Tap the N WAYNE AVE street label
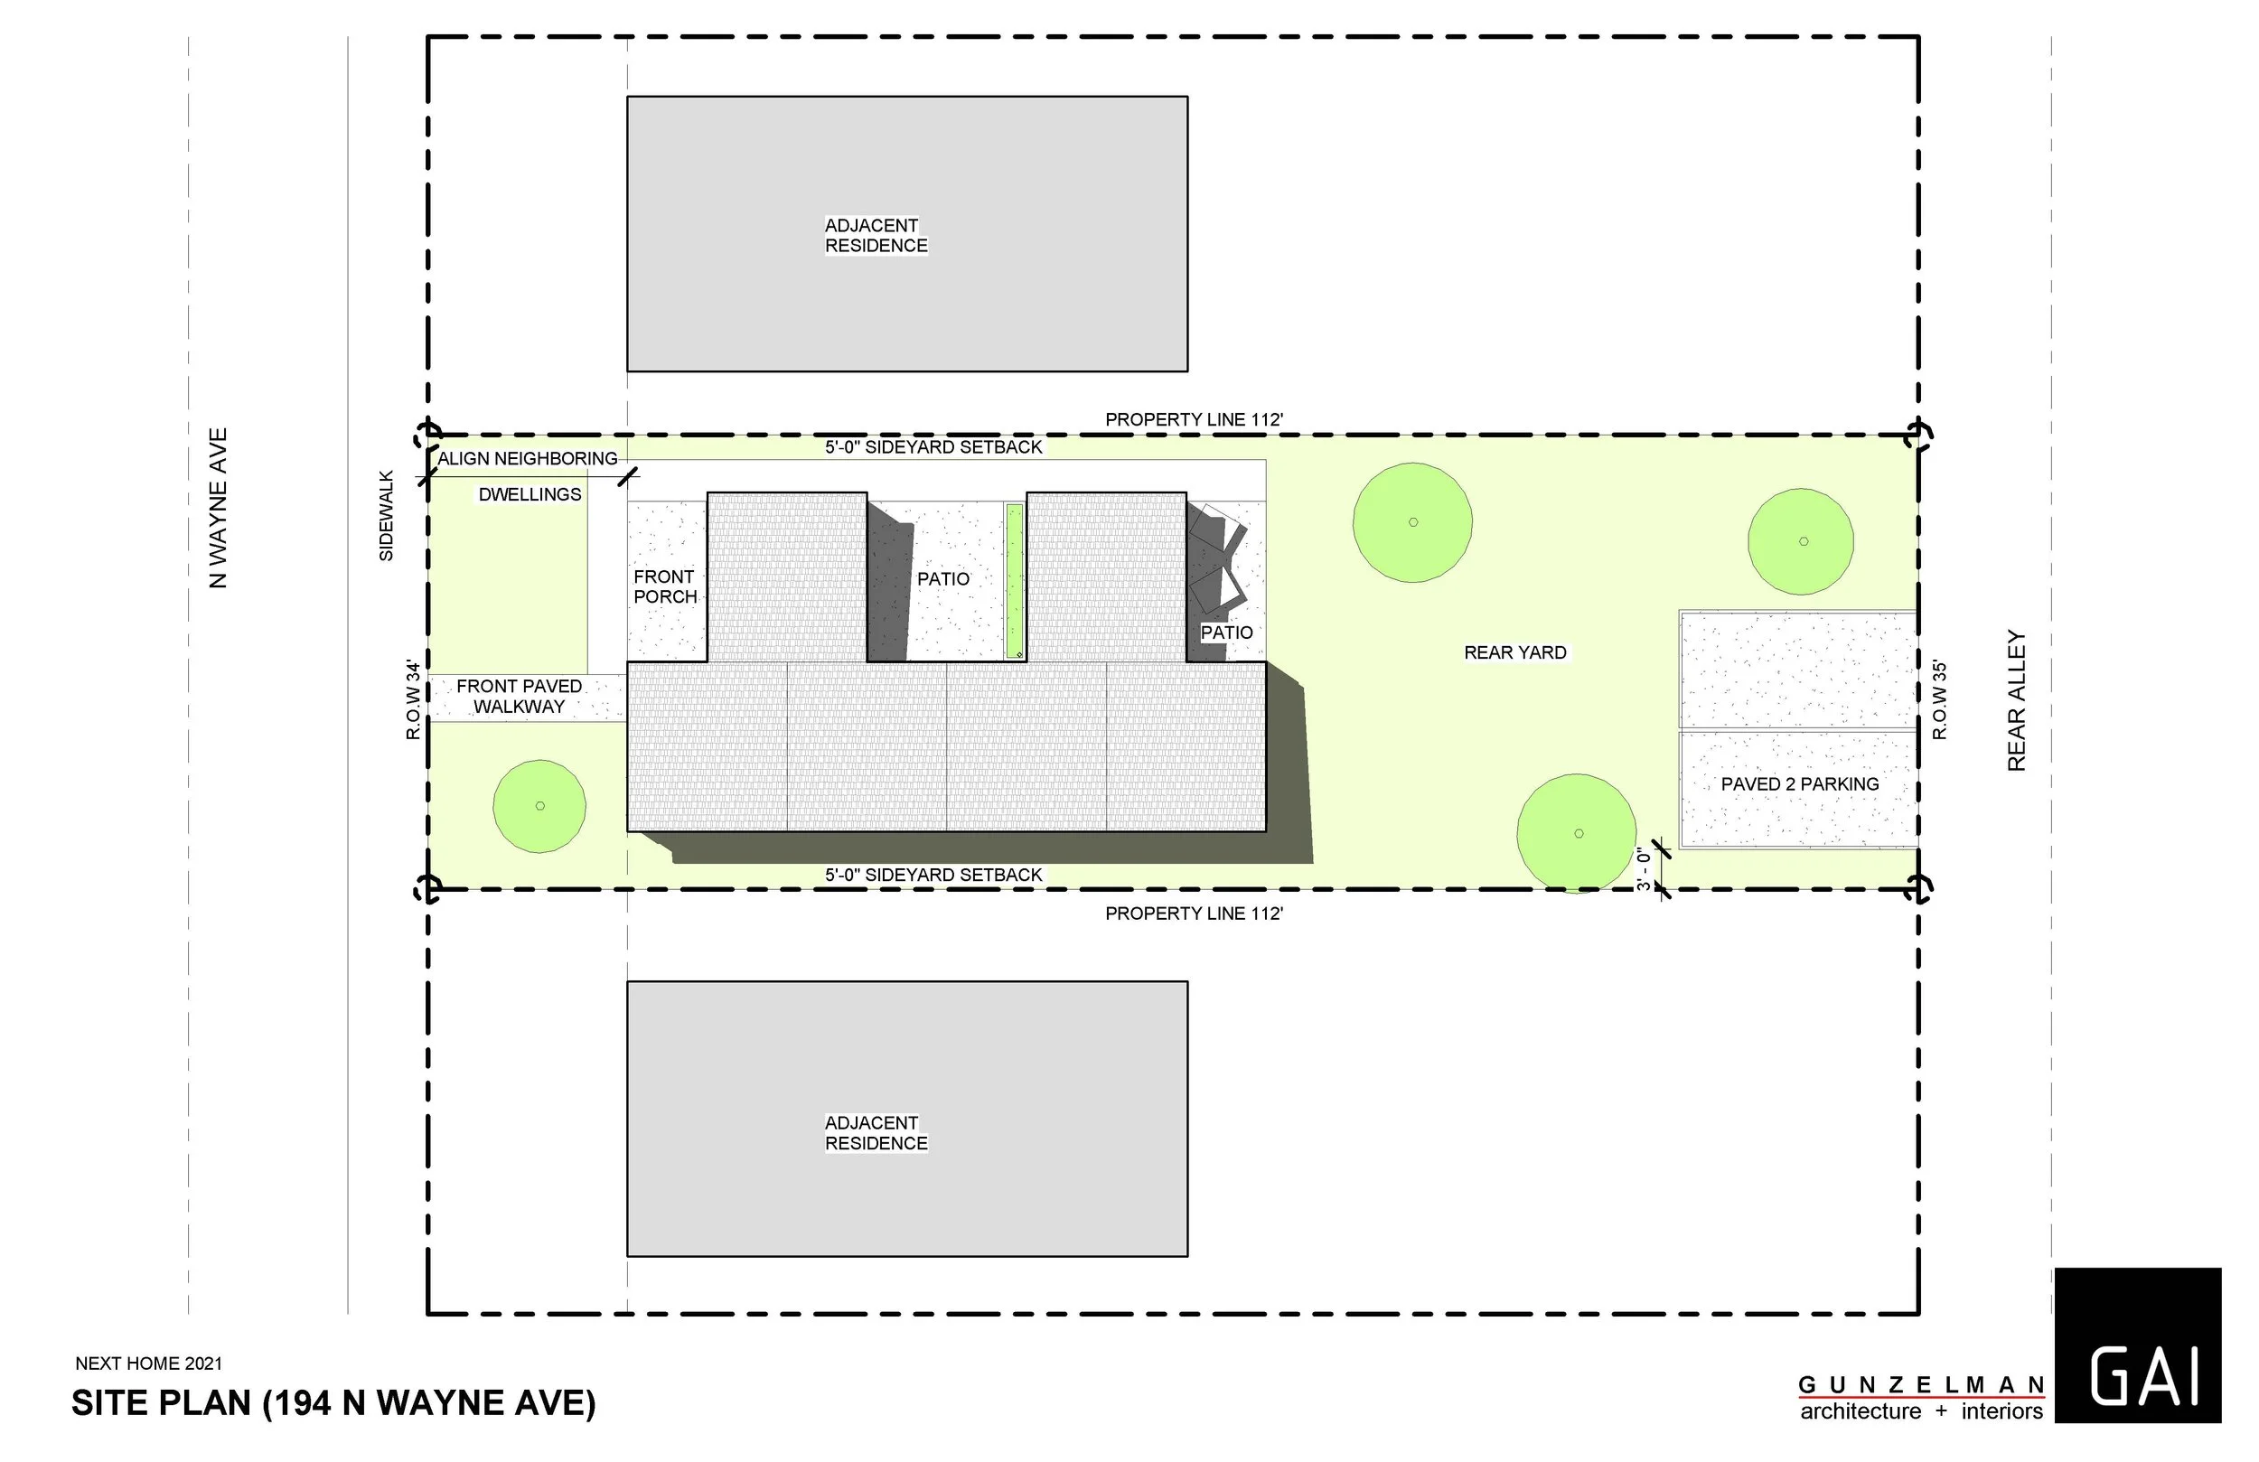(x=219, y=508)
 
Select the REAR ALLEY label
(x=2016, y=700)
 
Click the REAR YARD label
(x=1514, y=653)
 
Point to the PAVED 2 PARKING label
(x=1800, y=784)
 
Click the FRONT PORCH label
(x=665, y=586)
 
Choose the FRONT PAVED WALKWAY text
(x=520, y=696)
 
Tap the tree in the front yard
(x=539, y=806)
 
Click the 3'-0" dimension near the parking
(x=1644, y=868)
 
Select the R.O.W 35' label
(x=1940, y=700)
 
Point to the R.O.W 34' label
(x=413, y=700)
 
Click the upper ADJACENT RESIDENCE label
(x=875, y=236)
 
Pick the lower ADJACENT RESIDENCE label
(x=875, y=1132)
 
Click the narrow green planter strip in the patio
(x=1015, y=581)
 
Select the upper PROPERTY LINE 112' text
(x=1194, y=419)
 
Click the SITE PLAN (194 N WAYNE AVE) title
(x=333, y=1403)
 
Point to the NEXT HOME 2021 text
(x=149, y=1364)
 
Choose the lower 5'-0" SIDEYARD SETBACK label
(x=933, y=875)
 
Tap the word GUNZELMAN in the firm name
(x=1921, y=1386)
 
